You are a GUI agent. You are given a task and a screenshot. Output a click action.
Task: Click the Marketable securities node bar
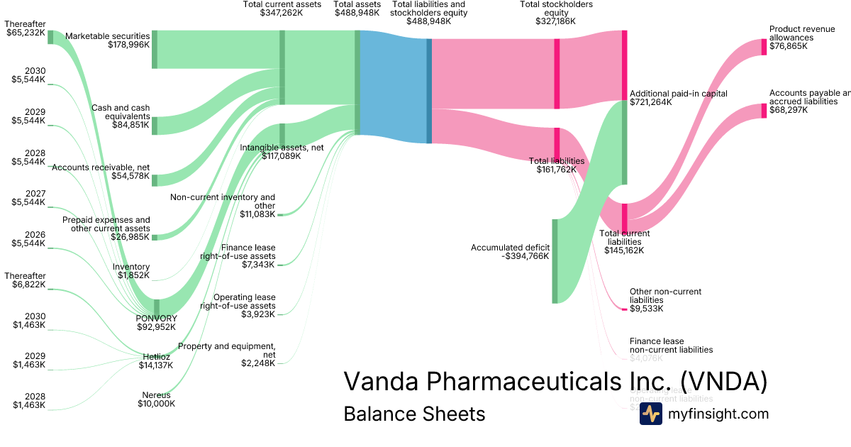tap(155, 50)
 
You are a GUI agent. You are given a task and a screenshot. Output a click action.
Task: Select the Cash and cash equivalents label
tap(121, 112)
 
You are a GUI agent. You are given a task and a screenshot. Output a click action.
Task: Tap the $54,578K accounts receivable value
tap(130, 176)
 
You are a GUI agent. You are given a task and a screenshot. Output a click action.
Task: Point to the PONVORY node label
tap(156, 318)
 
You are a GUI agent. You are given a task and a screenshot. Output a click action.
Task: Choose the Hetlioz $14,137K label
tap(156, 361)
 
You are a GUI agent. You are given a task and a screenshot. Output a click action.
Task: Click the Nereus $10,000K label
tap(156, 399)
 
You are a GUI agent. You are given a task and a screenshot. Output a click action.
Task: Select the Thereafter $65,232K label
tap(25, 28)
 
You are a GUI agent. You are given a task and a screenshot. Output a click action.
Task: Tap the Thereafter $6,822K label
tap(25, 280)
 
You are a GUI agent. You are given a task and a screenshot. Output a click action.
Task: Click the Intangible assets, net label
tap(282, 148)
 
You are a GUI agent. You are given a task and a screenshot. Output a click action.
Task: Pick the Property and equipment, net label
tap(227, 351)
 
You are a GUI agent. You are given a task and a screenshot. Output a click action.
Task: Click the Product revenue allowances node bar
tap(764, 47)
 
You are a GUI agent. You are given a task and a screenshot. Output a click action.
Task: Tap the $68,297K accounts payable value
tap(789, 110)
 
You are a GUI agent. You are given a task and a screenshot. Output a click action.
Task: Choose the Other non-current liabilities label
tap(665, 296)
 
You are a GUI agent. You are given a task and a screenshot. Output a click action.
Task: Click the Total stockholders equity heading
tap(557, 13)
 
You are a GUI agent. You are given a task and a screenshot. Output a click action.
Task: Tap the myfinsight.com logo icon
tap(650, 414)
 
